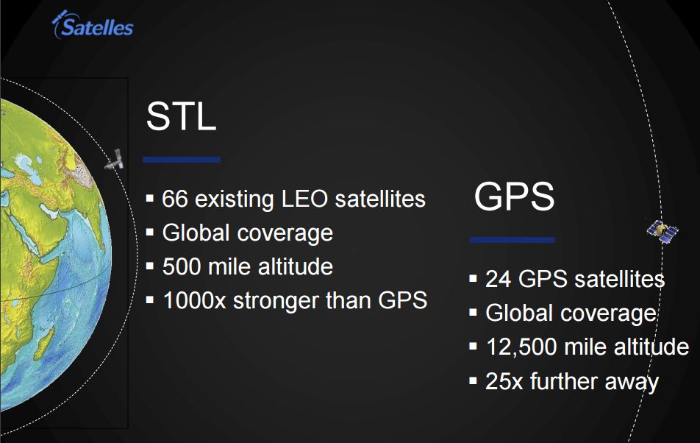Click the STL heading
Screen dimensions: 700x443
[181, 116]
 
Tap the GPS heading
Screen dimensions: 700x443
[514, 196]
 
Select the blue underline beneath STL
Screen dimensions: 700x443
[181, 160]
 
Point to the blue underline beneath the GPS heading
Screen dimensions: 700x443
[512, 240]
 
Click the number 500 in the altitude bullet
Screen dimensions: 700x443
[182, 266]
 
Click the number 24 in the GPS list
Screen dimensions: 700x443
[499, 279]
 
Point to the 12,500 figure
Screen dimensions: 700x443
[521, 347]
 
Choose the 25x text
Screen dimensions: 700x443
[504, 381]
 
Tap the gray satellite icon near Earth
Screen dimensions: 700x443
[114, 160]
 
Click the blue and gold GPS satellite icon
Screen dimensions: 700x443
[663, 231]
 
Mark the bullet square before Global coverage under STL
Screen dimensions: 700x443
[150, 232]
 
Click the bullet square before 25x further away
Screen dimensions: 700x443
[474, 381]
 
